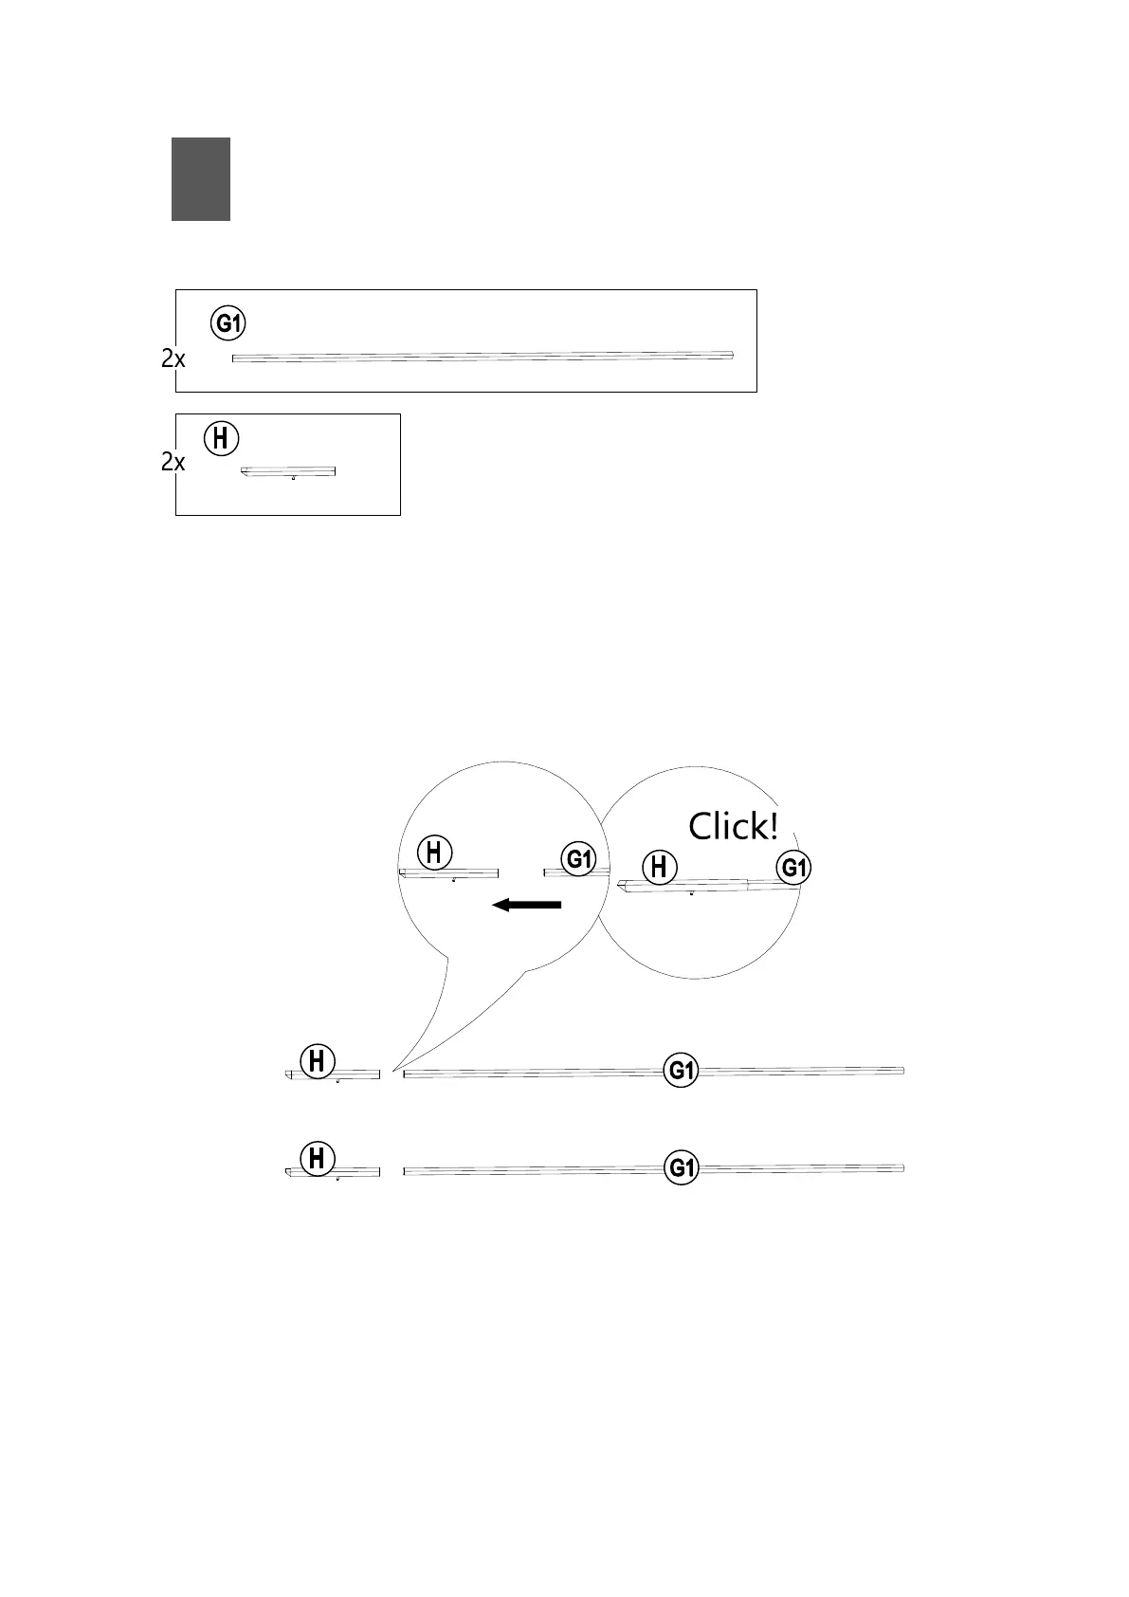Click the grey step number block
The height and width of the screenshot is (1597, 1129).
201,179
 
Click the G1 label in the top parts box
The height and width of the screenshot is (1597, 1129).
228,323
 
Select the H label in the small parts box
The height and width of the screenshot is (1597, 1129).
222,439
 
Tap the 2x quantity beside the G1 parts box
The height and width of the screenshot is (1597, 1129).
173,359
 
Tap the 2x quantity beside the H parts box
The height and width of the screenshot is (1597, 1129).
173,463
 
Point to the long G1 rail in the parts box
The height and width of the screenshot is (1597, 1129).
483,357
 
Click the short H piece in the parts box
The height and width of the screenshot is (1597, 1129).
289,470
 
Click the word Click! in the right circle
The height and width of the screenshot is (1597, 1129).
734,827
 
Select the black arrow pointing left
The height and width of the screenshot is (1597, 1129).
527,905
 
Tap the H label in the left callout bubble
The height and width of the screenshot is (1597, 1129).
434,852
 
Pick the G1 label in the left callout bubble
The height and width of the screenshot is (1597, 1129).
578,860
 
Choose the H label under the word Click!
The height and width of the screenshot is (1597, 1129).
661,868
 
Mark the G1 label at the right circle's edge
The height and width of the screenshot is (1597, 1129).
794,868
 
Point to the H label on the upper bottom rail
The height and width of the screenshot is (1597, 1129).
318,1061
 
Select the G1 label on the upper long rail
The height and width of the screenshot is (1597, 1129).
682,1071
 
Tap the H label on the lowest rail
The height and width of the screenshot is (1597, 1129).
318,1159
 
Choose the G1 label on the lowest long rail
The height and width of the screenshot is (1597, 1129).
682,1167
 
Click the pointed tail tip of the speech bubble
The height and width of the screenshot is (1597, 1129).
392,1070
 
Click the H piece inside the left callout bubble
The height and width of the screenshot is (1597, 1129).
448,872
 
